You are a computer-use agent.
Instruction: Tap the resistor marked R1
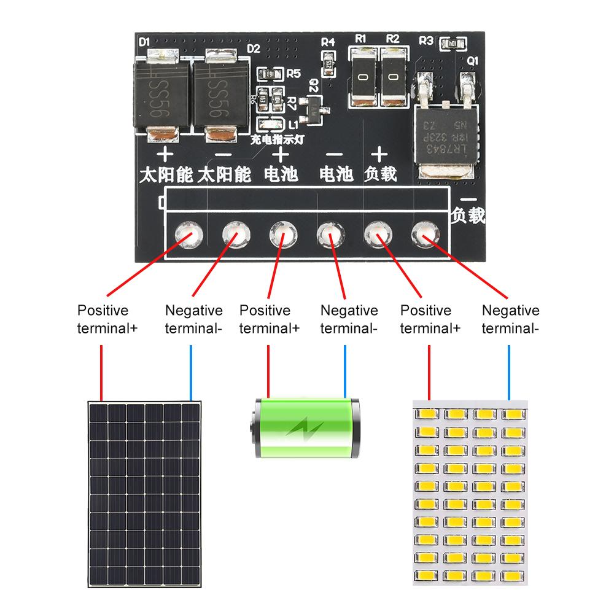(x=363, y=77)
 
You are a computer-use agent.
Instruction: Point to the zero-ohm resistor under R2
(x=393, y=77)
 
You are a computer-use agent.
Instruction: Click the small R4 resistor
(x=329, y=61)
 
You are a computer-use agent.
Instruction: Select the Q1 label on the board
(x=472, y=61)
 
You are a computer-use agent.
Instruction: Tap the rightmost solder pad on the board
(x=423, y=233)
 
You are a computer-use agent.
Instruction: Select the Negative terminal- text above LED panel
(x=510, y=319)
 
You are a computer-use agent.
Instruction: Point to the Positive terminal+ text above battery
(x=269, y=319)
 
